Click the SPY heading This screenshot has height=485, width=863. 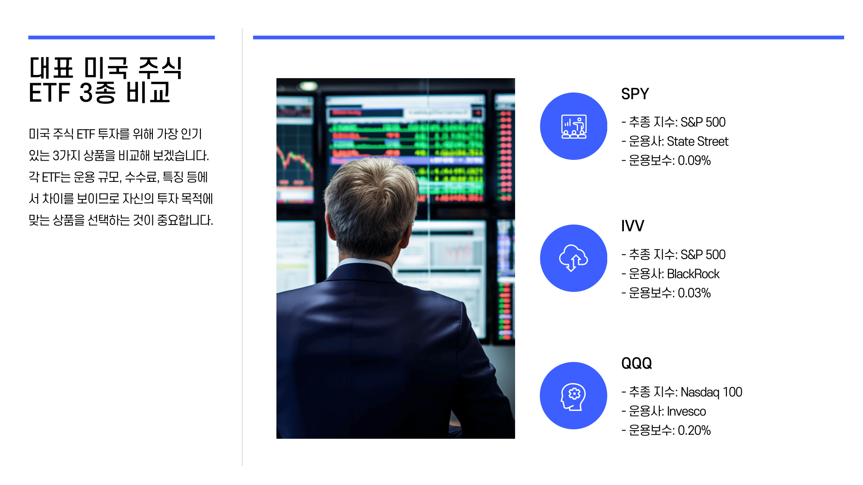coord(635,94)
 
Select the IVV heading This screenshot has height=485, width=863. coord(632,226)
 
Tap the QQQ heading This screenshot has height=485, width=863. coord(636,363)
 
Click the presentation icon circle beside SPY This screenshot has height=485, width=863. coord(574,126)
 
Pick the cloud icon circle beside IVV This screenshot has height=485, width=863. coord(574,258)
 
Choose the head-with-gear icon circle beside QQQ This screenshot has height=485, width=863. coord(574,396)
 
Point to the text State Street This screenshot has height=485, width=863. coord(698,141)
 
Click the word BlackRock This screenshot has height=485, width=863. coord(693,274)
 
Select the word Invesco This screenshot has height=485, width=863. coord(686,411)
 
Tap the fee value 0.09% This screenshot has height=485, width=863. coord(694,161)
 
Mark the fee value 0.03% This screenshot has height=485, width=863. coord(694,293)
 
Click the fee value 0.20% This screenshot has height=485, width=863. coord(694,431)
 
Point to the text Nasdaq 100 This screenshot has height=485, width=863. coord(711,392)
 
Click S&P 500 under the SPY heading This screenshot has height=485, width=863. coord(703,122)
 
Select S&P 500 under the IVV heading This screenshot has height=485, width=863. coord(703,255)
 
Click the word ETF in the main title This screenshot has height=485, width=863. coord(50,93)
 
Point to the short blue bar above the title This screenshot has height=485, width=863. coord(121,38)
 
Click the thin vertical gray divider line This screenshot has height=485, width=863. coord(242,247)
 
